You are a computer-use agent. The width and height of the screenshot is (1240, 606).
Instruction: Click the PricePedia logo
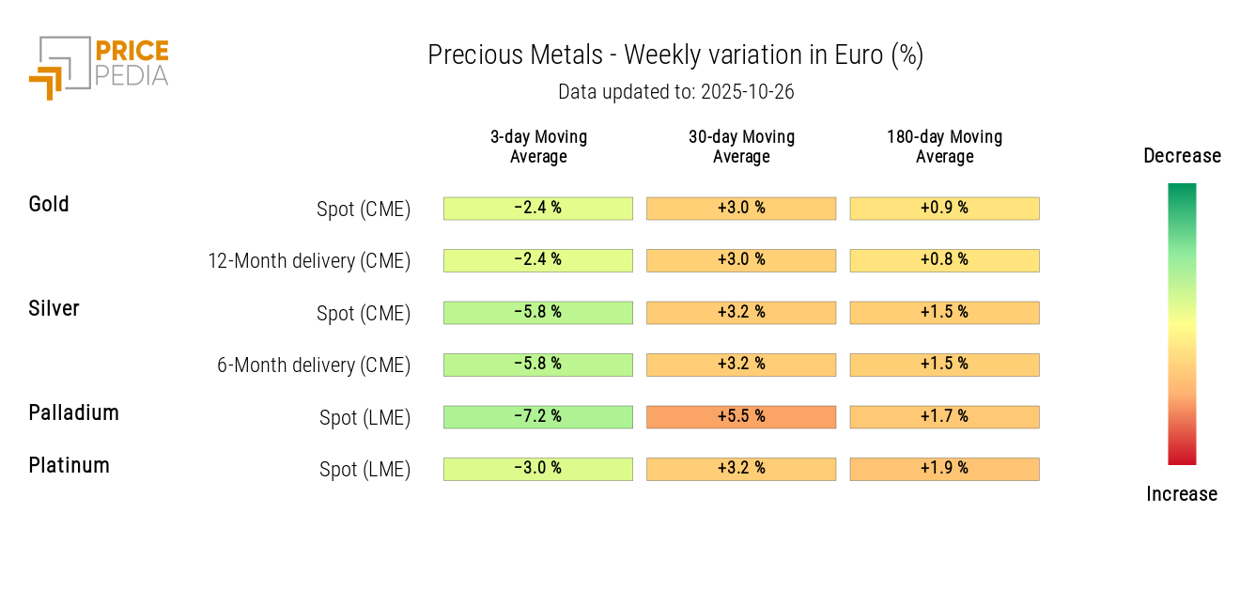click(x=99, y=66)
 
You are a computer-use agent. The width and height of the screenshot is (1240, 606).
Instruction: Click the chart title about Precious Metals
click(x=675, y=55)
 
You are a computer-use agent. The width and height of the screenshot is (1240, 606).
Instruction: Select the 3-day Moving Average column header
click(x=538, y=147)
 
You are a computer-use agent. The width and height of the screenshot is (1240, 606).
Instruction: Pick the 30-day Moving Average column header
click(x=741, y=147)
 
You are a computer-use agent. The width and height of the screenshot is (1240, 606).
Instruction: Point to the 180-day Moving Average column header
click(x=944, y=147)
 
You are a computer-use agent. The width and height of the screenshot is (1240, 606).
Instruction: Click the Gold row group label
click(x=49, y=205)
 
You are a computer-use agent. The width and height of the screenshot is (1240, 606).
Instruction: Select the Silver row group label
click(x=54, y=309)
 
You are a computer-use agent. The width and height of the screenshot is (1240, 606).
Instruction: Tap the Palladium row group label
click(x=73, y=413)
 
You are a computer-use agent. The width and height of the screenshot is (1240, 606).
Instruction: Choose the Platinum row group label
click(x=69, y=466)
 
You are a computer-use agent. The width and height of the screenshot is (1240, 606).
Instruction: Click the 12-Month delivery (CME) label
click(x=309, y=261)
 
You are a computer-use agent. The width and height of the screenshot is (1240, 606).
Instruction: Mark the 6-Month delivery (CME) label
click(x=314, y=365)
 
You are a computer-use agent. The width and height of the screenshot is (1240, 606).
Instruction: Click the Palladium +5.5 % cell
click(x=741, y=416)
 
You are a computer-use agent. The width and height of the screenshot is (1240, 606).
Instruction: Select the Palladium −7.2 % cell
click(x=538, y=416)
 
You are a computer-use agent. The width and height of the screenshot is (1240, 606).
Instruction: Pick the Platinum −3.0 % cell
click(x=538, y=469)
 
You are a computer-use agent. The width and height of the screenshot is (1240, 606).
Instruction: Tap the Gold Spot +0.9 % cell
click(x=944, y=208)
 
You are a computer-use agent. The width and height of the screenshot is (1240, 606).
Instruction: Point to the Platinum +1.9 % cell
click(x=944, y=469)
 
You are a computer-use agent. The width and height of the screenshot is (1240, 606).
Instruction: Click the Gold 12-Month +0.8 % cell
click(x=944, y=260)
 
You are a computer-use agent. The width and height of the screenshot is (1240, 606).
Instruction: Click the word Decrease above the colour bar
click(x=1182, y=156)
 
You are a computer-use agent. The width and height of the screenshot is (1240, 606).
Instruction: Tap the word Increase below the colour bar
click(x=1182, y=494)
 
